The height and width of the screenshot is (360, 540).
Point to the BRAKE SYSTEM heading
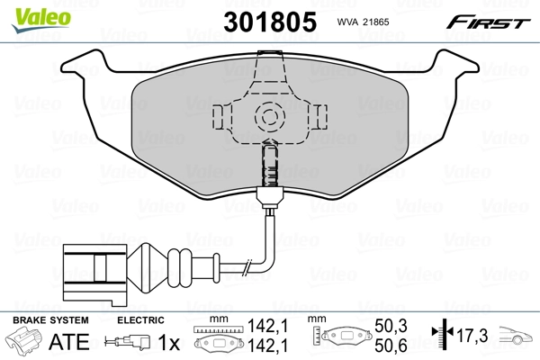tap(49, 320)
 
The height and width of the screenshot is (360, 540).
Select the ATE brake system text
tap(76, 342)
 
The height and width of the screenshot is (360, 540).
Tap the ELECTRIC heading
tap(140, 320)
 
